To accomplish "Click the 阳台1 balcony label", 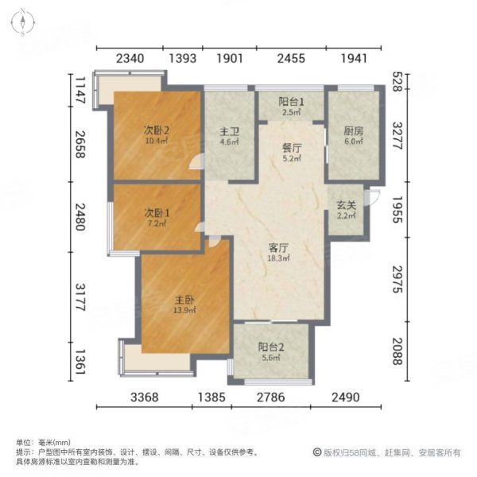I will (290, 102).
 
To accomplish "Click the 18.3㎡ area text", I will (277, 258).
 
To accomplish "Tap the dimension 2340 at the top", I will (130, 58).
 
